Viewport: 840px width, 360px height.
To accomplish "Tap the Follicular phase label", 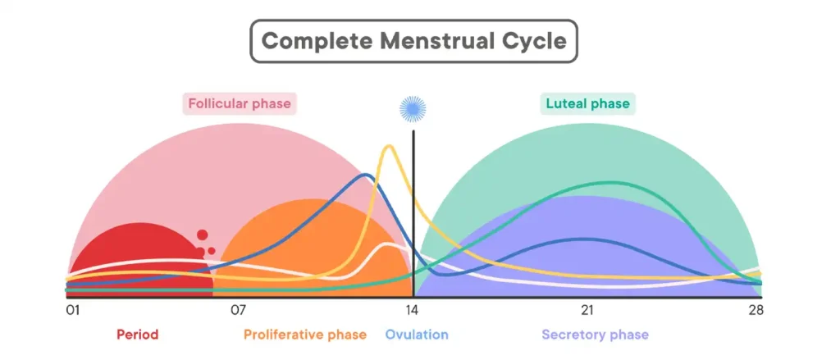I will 239,104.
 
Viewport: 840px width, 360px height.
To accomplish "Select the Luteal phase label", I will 588,104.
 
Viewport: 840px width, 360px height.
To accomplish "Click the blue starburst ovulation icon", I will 413,107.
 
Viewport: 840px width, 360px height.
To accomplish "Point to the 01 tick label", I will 73,310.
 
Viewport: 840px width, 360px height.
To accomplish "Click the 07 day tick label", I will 239,310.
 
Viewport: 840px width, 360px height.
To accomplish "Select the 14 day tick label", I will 413,310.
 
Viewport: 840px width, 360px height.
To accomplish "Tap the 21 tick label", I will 587,310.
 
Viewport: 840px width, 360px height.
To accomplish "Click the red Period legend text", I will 137,335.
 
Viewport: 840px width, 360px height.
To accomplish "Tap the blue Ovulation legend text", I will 417,335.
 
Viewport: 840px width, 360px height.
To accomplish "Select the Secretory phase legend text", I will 595,335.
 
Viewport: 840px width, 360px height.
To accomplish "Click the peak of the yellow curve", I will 389,147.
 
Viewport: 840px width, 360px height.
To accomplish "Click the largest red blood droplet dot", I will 202,236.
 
